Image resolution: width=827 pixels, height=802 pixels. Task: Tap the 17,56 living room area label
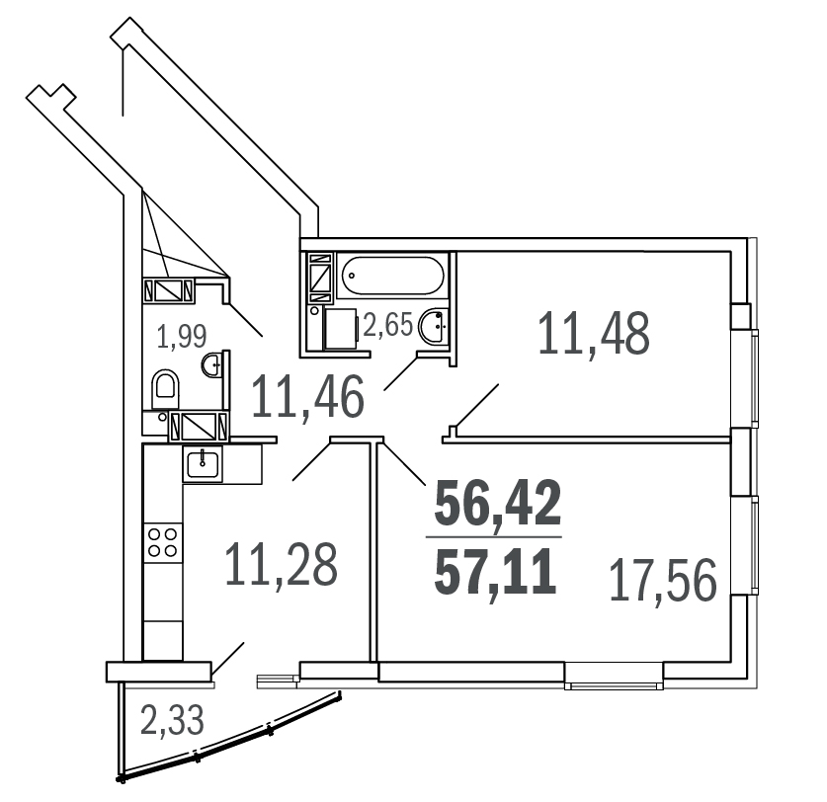[663, 581]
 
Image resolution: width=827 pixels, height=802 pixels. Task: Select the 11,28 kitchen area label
[281, 565]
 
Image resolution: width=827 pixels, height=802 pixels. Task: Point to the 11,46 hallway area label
[308, 396]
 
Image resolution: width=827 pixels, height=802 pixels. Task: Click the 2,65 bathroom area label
[387, 324]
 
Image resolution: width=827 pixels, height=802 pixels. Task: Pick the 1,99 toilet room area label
[182, 337]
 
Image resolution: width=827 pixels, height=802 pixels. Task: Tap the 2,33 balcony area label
[172, 721]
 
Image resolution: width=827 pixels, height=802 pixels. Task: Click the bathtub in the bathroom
[393, 276]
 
